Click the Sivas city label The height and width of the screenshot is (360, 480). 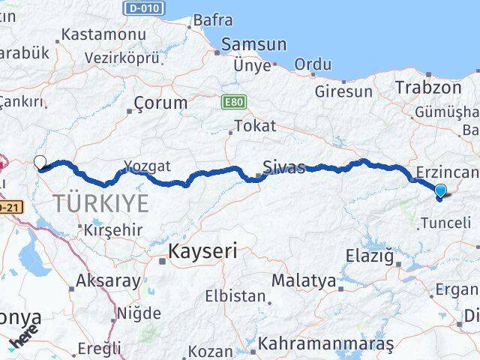point(284,166)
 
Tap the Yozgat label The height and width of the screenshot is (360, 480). point(148,166)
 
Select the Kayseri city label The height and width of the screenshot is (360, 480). point(202,251)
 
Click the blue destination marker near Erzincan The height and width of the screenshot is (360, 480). point(440,191)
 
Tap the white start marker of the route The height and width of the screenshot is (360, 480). point(40,160)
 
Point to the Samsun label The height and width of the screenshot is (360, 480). point(254,44)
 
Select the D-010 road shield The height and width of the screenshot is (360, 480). point(143,8)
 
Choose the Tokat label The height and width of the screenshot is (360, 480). point(254,126)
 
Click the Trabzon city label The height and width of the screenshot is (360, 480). point(428,87)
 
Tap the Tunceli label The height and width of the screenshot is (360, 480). point(445,223)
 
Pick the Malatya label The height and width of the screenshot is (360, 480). point(303,280)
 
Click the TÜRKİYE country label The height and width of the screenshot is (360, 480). point(100,202)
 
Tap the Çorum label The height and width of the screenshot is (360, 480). point(160,103)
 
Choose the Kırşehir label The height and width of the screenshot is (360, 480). point(113,229)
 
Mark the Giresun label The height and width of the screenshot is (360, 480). point(343,91)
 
